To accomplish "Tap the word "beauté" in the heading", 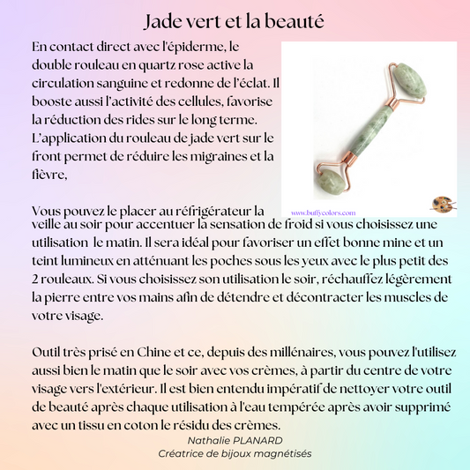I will tap(298, 19).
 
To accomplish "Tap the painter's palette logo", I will tap(441, 205).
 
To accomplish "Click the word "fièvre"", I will tap(49, 175).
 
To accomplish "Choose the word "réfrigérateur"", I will tap(204, 211).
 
